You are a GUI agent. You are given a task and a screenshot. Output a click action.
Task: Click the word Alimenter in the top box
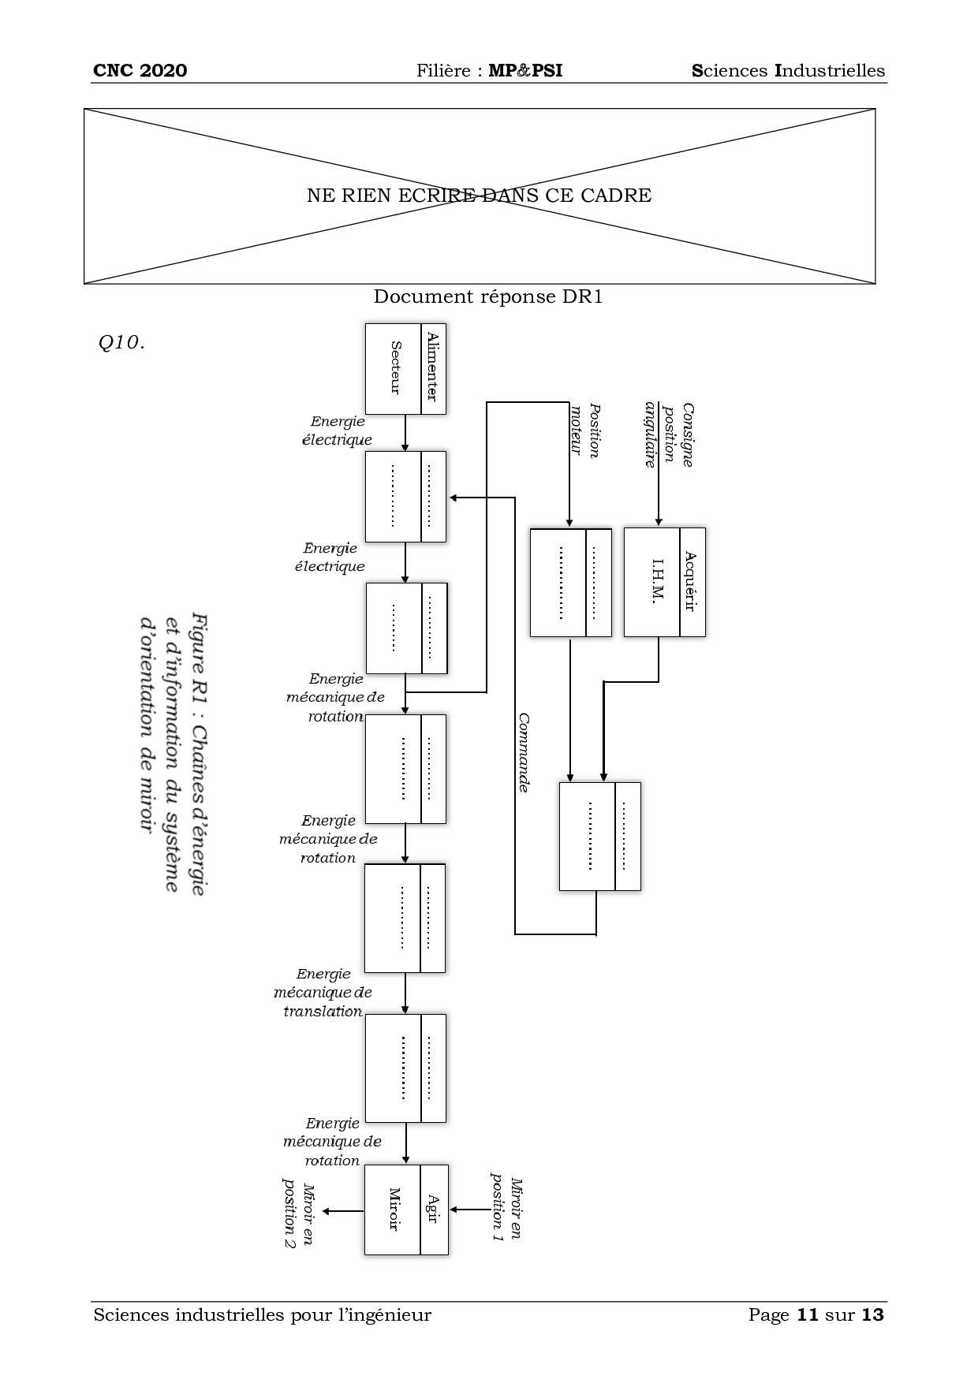[x=432, y=367]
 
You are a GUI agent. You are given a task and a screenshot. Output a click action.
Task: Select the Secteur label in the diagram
[x=395, y=367]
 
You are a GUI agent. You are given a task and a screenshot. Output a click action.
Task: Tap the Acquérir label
[x=691, y=582]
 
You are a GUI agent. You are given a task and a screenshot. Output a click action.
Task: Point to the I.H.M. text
[x=657, y=582]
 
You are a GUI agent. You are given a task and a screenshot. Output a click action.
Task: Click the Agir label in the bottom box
[x=433, y=1209]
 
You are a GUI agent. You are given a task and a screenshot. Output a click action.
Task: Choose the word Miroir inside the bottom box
[x=394, y=1209]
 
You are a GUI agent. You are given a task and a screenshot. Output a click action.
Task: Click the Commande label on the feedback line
[x=523, y=752]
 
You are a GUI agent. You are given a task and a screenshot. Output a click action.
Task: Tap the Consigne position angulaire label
[x=669, y=435]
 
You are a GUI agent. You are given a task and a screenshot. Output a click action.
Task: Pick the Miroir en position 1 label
[x=507, y=1210]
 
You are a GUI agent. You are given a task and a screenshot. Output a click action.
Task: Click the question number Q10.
[x=121, y=342]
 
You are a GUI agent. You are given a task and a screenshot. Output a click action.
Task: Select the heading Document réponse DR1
[x=487, y=297]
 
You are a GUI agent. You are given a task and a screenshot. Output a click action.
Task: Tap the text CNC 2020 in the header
[x=140, y=71]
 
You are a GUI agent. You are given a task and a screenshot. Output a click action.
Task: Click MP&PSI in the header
[x=525, y=71]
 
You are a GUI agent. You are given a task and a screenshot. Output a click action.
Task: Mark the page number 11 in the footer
[x=806, y=1315]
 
